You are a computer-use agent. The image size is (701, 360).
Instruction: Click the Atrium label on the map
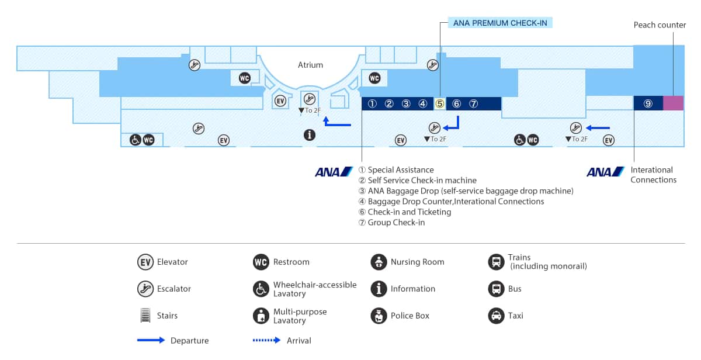click(x=310, y=65)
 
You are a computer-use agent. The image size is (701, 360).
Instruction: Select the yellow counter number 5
click(x=440, y=104)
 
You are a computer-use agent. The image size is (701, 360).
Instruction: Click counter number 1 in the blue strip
click(x=372, y=104)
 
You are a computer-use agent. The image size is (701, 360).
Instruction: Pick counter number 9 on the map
click(x=648, y=103)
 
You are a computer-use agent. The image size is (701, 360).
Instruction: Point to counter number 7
click(x=474, y=104)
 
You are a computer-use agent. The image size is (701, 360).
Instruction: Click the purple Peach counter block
click(x=673, y=103)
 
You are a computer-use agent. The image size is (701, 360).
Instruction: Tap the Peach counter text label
click(x=660, y=25)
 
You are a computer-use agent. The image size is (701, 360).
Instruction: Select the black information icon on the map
click(x=310, y=135)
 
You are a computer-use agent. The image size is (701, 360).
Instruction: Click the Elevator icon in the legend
click(x=145, y=262)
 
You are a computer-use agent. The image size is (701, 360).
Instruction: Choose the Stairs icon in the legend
click(x=145, y=316)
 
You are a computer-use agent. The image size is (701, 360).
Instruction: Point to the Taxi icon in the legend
click(x=496, y=316)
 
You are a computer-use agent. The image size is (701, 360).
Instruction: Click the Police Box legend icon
click(x=379, y=316)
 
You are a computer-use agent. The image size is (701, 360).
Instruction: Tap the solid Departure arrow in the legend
click(x=151, y=340)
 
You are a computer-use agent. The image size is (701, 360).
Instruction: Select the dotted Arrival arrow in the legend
click(x=267, y=340)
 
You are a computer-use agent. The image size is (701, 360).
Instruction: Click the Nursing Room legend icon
click(x=379, y=262)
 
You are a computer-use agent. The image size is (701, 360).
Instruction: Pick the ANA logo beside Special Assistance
click(x=334, y=172)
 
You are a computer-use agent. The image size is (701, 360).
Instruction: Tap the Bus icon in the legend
click(x=496, y=289)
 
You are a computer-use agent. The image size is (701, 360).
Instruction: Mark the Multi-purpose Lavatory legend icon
click(x=261, y=316)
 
